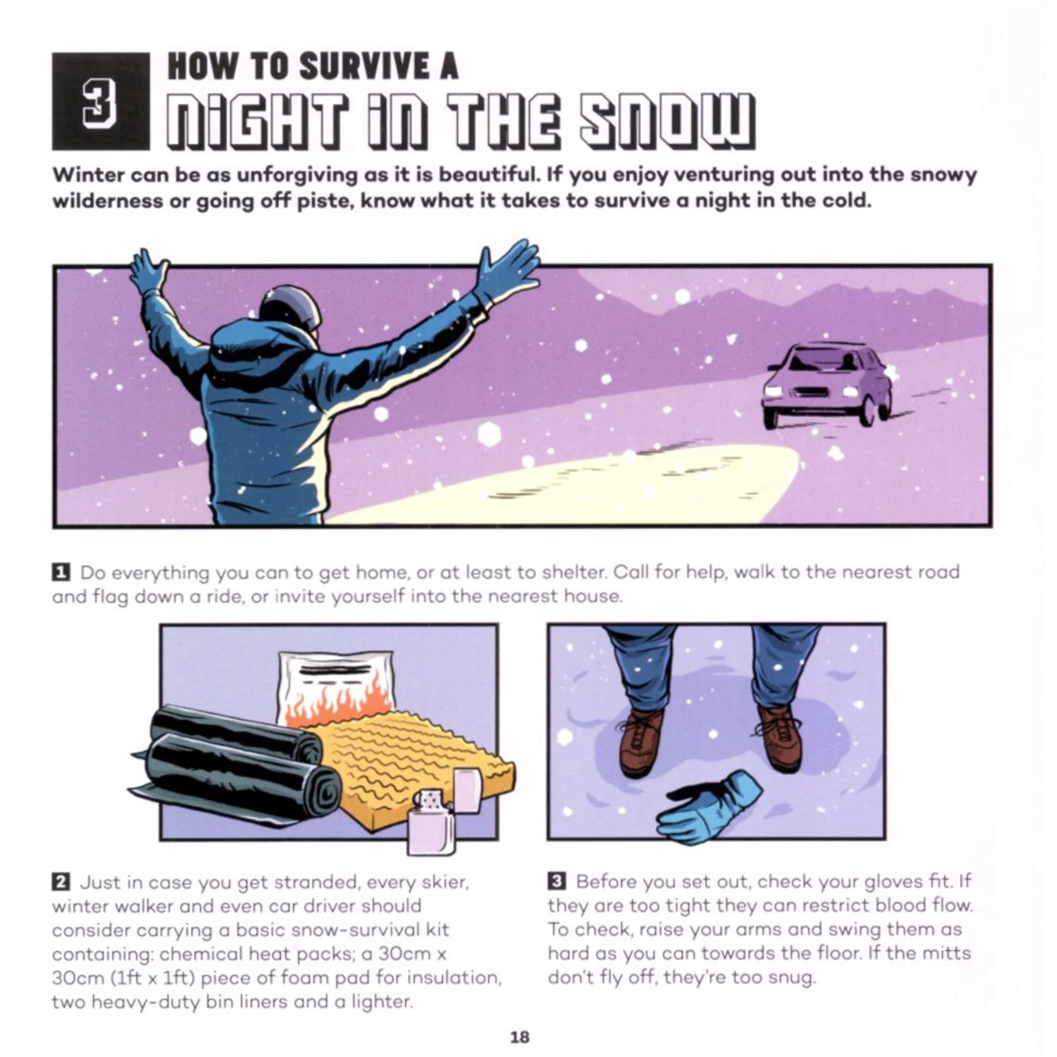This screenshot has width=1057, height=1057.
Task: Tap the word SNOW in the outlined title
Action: (x=667, y=121)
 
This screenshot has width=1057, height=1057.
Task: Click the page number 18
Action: (x=519, y=1036)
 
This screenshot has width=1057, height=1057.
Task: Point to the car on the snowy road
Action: (x=827, y=384)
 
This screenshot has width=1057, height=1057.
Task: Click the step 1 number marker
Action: (x=60, y=572)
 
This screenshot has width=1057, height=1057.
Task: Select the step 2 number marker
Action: (x=60, y=883)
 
